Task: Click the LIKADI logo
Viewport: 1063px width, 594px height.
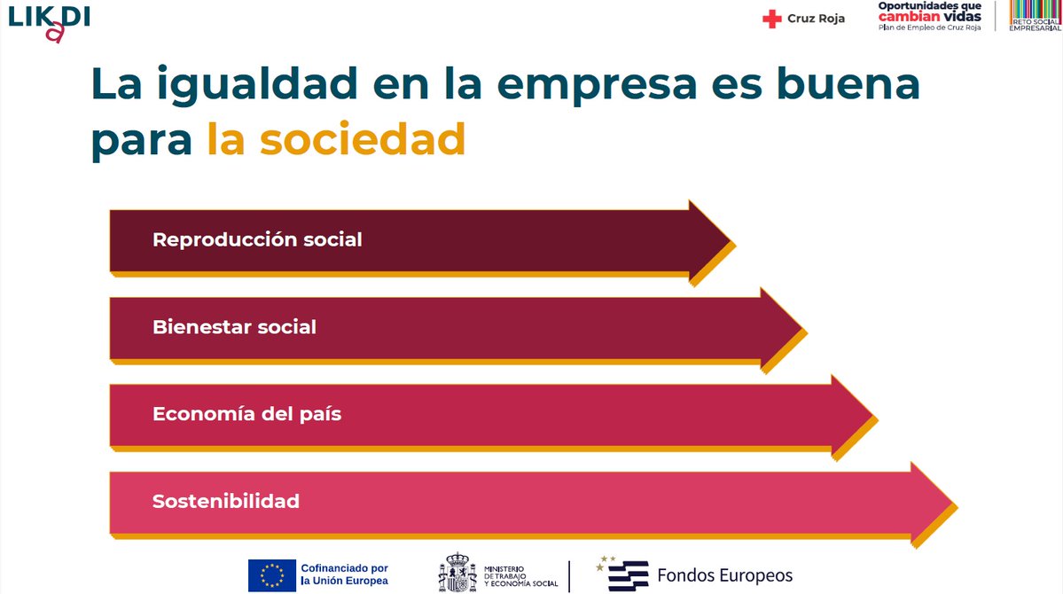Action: [x=49, y=21]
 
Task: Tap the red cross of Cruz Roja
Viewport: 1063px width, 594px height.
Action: [x=772, y=19]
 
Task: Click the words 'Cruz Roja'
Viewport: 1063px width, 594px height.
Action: [x=816, y=19]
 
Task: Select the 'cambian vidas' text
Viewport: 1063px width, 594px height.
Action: [x=929, y=17]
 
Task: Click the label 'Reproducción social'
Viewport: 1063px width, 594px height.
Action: [x=257, y=239]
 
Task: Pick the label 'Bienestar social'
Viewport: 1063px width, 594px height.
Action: [x=234, y=326]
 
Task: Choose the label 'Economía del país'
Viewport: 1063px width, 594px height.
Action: [x=246, y=414]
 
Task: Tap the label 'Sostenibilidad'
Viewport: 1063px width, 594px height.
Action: [x=226, y=501]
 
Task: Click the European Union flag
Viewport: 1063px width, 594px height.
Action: [x=272, y=574]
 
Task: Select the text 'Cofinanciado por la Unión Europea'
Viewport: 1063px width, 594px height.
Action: [x=344, y=574]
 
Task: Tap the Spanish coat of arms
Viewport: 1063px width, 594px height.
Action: [x=457, y=574]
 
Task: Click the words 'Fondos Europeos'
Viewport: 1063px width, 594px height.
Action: [x=724, y=574]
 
